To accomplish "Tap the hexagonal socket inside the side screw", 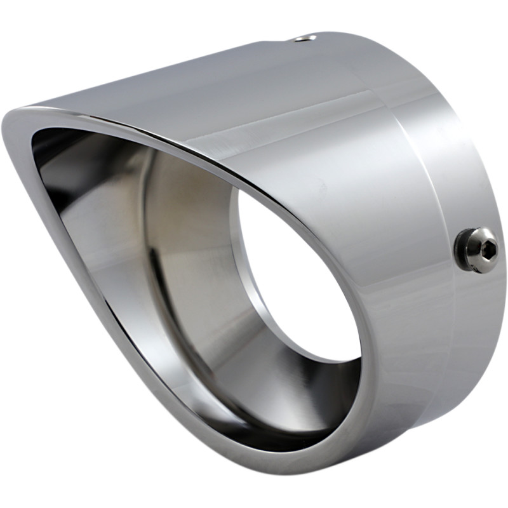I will [486, 250].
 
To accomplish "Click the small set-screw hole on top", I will [306, 39].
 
